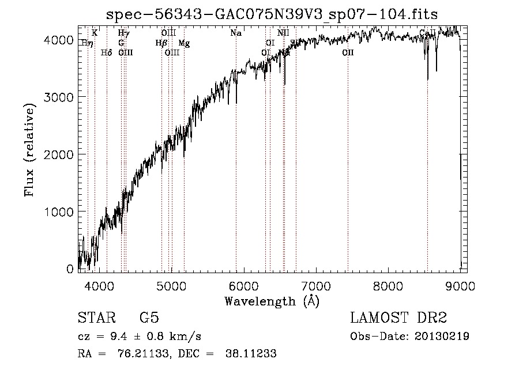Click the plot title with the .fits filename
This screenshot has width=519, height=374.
point(273,14)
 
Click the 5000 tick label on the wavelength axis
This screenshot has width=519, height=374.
point(171,286)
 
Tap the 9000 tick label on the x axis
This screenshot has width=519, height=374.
point(460,286)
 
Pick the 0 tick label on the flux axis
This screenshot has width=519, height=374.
point(70,269)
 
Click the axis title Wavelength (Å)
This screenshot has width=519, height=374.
point(272,301)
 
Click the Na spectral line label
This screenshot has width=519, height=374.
point(236,33)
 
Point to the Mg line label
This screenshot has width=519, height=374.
point(183,43)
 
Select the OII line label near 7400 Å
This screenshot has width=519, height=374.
point(348,53)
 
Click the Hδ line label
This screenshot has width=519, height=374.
point(106,53)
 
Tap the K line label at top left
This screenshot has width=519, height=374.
point(95,33)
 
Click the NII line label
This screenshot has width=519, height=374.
point(283,33)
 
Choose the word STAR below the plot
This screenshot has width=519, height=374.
point(96,318)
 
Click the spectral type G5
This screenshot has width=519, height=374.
point(149,318)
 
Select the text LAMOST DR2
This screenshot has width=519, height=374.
point(398,318)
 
